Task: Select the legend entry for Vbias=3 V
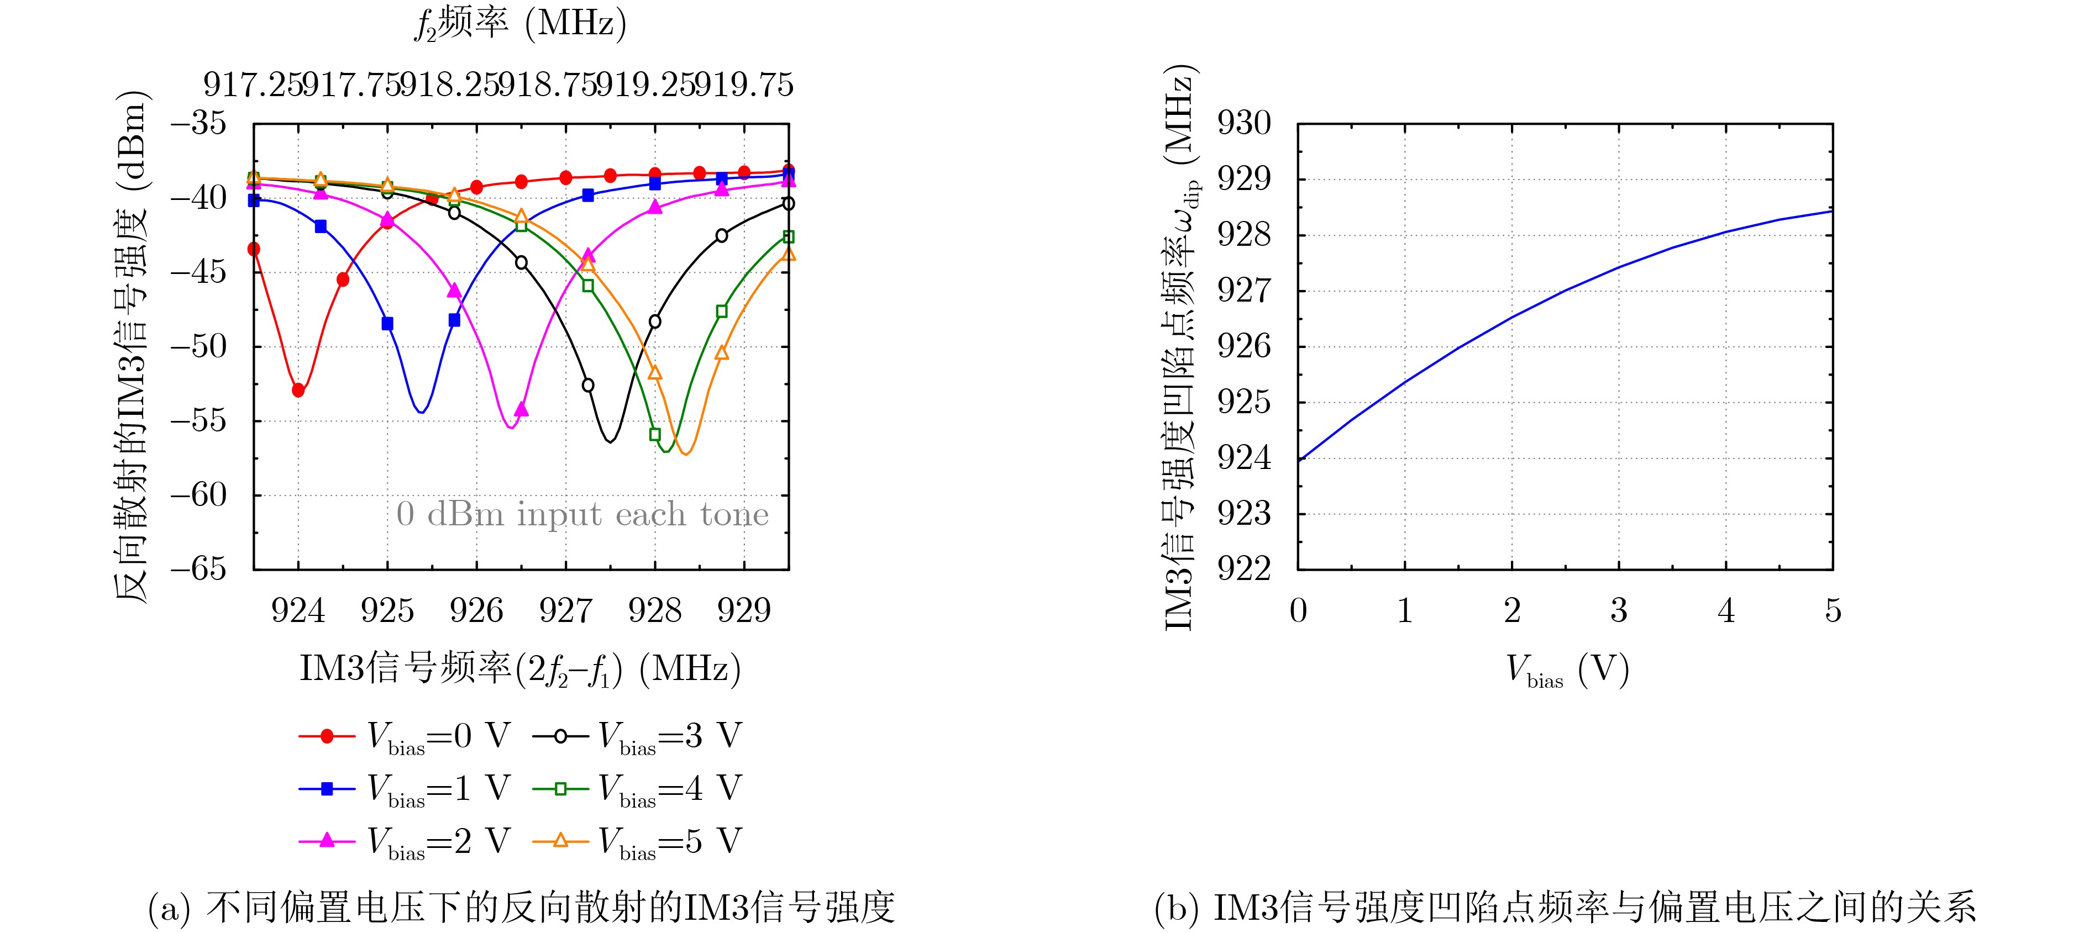tap(637, 736)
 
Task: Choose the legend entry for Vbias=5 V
tap(637, 841)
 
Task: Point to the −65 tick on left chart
tap(199, 568)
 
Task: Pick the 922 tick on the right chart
tap(1244, 568)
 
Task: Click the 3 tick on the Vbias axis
tap(1619, 609)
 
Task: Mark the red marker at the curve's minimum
tap(298, 391)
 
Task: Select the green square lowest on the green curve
tap(655, 435)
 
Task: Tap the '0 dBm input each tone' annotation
tap(582, 514)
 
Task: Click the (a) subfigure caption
tap(522, 907)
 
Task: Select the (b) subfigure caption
tap(1565, 907)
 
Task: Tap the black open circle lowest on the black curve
tap(588, 385)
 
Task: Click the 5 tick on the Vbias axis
tap(1833, 609)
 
